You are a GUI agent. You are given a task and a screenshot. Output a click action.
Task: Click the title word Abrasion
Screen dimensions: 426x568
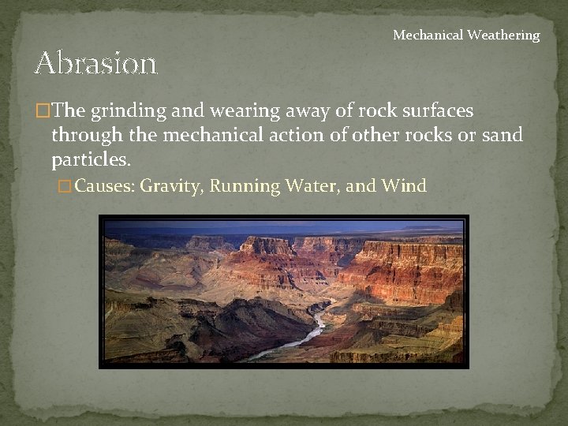pyautogui.click(x=96, y=62)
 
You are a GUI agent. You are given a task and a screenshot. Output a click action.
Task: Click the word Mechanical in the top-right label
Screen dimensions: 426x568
pyautogui.click(x=429, y=35)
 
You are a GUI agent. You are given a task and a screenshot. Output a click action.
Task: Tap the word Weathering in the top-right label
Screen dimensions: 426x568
pyautogui.click(x=504, y=35)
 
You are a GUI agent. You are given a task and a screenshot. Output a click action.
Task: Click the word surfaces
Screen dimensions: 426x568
pyautogui.click(x=438, y=110)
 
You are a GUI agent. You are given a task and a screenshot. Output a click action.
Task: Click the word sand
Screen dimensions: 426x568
pyautogui.click(x=502, y=135)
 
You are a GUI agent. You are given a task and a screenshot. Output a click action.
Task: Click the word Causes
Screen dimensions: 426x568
pyautogui.click(x=105, y=187)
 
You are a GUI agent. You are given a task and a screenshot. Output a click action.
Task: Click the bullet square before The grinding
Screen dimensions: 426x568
pyautogui.click(x=42, y=111)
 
